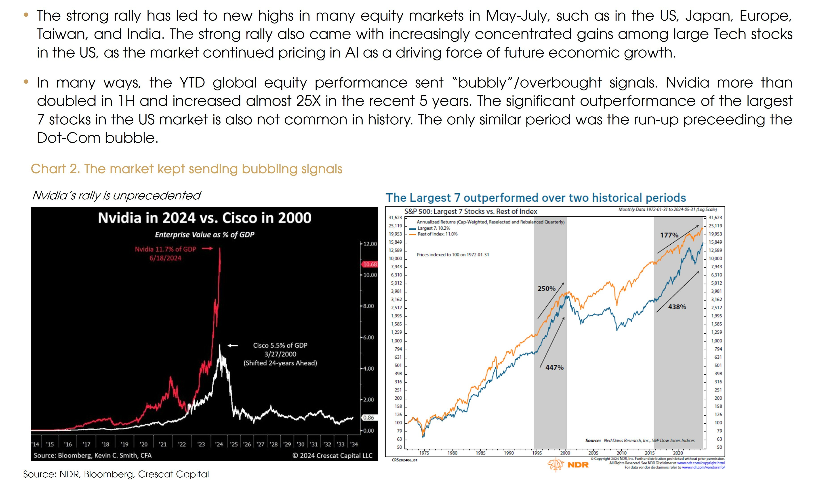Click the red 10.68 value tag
coord(370,264)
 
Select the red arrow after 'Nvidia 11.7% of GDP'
coord(207,249)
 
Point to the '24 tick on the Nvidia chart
coord(219,444)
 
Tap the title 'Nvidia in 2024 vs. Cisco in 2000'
coord(204,218)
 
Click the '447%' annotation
coord(554,367)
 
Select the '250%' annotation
coord(546,288)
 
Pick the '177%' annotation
coord(669,235)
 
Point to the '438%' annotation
coord(677,307)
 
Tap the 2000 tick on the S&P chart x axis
coord(565,453)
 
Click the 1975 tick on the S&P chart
coord(424,453)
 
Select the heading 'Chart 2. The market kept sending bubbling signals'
coord(186,169)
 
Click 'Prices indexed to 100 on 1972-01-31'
coord(452,255)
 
